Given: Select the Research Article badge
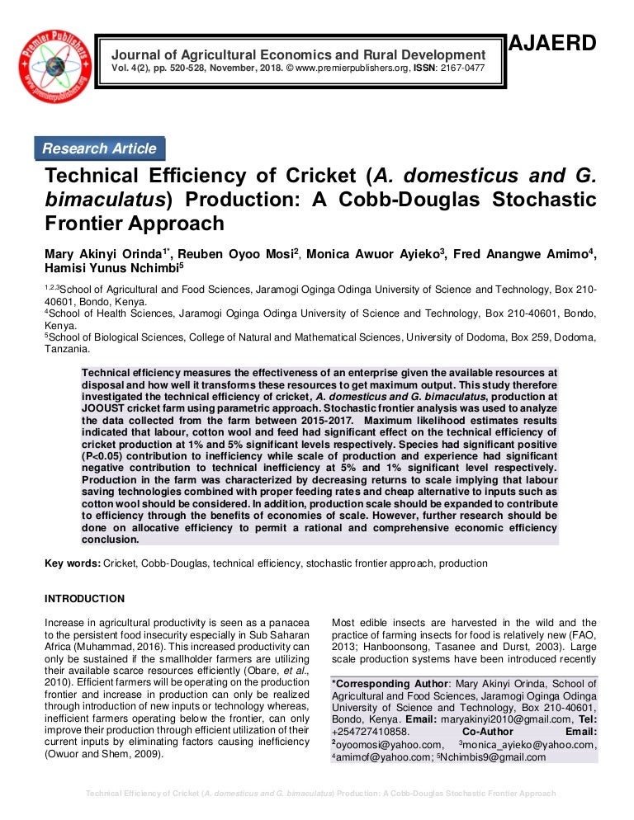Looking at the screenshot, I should point(99,148).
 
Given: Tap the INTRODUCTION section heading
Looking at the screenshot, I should point(84,599).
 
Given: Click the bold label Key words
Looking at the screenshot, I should point(73,563).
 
